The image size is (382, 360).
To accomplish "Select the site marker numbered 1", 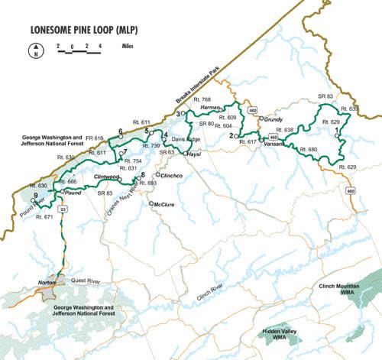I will [x=337, y=132].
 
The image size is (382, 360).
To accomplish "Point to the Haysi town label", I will [x=195, y=154].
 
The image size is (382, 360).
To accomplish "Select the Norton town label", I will [x=48, y=283].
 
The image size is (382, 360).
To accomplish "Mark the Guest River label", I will [x=86, y=281].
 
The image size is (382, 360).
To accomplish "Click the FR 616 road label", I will [x=94, y=138].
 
